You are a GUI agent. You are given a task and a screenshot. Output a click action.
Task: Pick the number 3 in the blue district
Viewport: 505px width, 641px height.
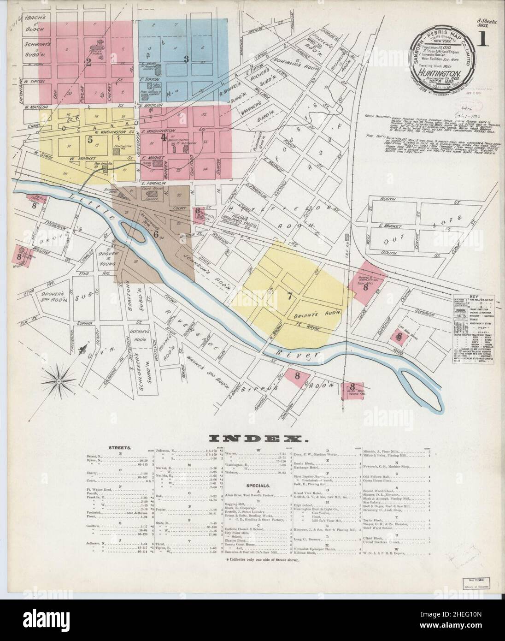[x=186, y=59]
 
